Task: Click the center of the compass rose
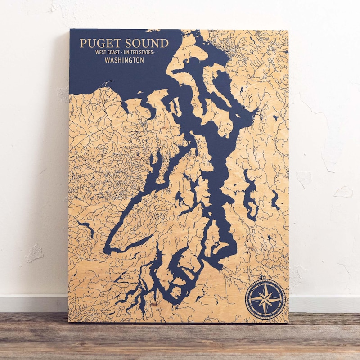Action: (x=265, y=297)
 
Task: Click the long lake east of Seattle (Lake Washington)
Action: (x=250, y=193)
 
